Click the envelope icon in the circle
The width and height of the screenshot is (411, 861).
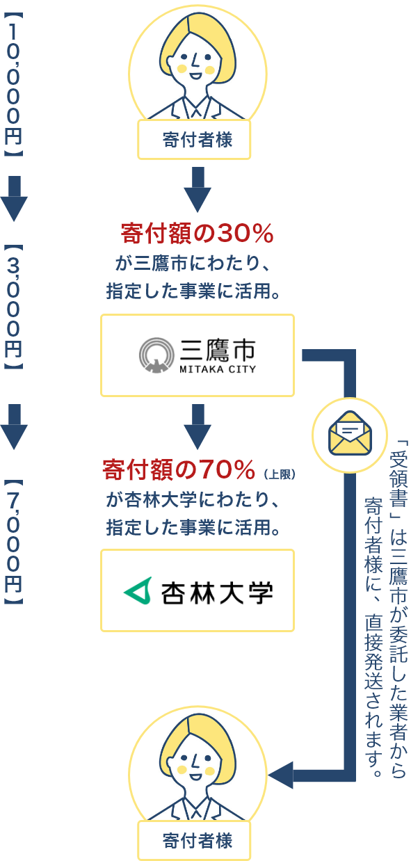click(x=350, y=433)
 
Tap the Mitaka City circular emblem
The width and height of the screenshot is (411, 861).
click(x=156, y=355)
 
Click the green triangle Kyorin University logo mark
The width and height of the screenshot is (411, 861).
click(x=138, y=590)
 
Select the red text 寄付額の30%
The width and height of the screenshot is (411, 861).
click(x=197, y=233)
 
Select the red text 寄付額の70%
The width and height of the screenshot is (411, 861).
click(x=179, y=469)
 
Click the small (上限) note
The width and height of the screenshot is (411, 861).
click(x=280, y=474)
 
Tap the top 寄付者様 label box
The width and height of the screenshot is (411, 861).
click(x=194, y=140)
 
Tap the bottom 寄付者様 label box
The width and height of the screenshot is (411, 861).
click(x=194, y=841)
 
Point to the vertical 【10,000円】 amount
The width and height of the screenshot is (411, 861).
click(x=13, y=85)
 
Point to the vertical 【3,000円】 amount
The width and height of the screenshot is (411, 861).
click(x=13, y=307)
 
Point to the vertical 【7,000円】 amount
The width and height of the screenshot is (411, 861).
click(x=13, y=542)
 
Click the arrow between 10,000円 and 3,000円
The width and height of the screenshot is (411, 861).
click(x=14, y=199)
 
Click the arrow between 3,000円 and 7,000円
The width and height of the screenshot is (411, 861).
click(x=14, y=426)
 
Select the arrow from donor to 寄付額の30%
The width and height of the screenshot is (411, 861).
click(x=198, y=189)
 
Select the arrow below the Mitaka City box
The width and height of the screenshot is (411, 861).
click(x=198, y=426)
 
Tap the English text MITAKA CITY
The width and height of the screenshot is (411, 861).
click(x=218, y=369)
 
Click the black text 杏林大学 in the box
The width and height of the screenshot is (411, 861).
click(x=217, y=593)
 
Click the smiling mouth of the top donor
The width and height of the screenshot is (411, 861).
click(x=195, y=75)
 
